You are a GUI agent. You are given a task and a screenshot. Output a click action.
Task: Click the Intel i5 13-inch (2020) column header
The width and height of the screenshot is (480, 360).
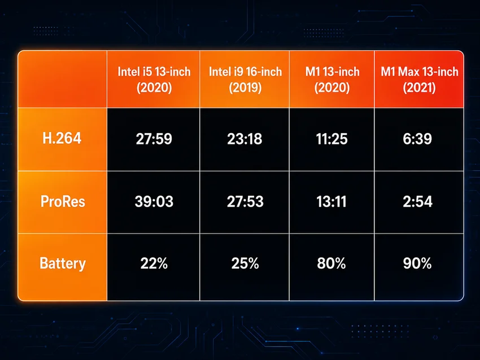click(154, 80)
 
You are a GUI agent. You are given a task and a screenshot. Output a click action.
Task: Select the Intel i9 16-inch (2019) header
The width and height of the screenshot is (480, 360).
click(245, 80)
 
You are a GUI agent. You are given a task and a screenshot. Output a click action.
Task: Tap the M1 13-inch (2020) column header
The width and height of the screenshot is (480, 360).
click(332, 80)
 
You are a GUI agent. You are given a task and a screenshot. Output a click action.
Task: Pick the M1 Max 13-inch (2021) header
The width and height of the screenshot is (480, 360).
click(420, 80)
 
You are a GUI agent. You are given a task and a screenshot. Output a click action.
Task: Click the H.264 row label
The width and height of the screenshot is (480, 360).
click(62, 138)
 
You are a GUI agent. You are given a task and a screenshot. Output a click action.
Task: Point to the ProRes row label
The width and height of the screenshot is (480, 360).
click(63, 201)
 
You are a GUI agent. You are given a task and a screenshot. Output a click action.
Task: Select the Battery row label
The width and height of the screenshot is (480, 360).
click(63, 264)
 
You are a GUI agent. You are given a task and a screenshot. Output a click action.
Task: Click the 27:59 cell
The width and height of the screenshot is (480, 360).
click(154, 139)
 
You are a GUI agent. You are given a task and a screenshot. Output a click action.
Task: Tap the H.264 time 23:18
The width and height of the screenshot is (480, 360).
click(245, 139)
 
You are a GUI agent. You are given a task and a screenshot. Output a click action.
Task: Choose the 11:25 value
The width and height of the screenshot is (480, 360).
click(332, 139)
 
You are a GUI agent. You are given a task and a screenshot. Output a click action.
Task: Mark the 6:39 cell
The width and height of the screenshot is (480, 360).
click(417, 139)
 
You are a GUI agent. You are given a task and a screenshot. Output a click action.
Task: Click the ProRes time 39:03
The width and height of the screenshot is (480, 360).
click(154, 201)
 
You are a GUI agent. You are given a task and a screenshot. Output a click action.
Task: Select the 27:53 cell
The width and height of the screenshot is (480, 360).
click(245, 201)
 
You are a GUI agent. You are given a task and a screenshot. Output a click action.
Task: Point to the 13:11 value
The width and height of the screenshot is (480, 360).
click(331, 201)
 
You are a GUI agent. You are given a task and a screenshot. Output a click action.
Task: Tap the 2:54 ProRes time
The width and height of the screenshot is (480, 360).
click(417, 201)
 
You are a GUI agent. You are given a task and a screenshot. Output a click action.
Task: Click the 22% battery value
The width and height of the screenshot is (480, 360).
click(154, 264)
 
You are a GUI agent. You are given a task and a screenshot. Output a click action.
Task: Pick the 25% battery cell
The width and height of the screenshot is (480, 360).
click(245, 264)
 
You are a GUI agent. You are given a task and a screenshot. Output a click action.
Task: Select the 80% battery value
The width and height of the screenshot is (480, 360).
click(331, 264)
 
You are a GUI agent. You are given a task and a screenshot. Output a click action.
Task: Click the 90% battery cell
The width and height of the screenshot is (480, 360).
click(417, 264)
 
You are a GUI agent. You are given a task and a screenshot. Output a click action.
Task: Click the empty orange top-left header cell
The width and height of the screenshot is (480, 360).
click(63, 79)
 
